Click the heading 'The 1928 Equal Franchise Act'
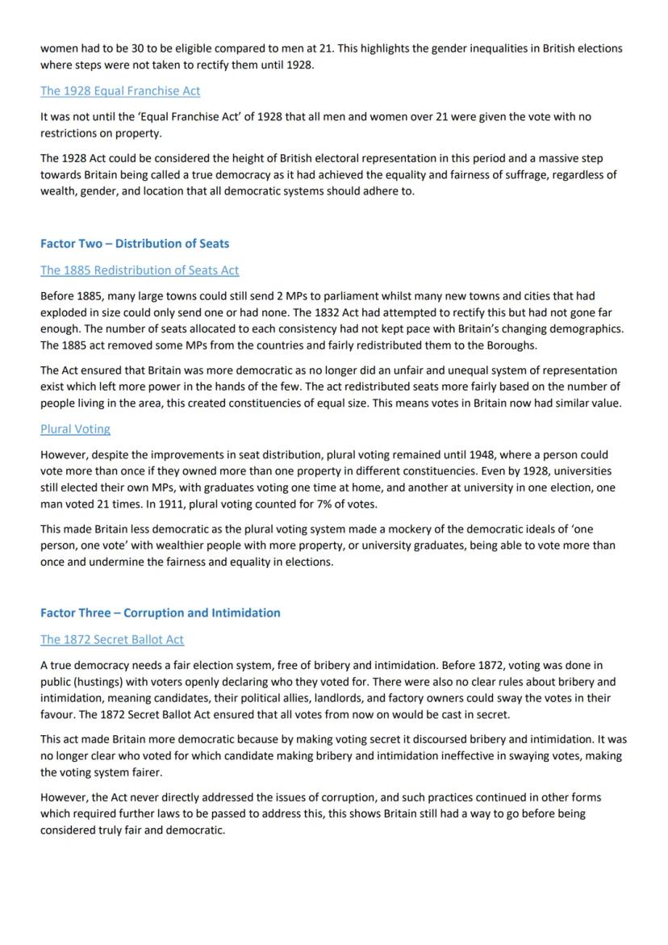point(120,91)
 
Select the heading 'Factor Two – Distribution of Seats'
point(135,244)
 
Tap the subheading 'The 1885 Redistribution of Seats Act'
point(140,270)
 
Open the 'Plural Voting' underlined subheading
point(75,429)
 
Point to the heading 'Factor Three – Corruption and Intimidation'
point(161,613)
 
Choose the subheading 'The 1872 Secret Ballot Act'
point(112,640)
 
